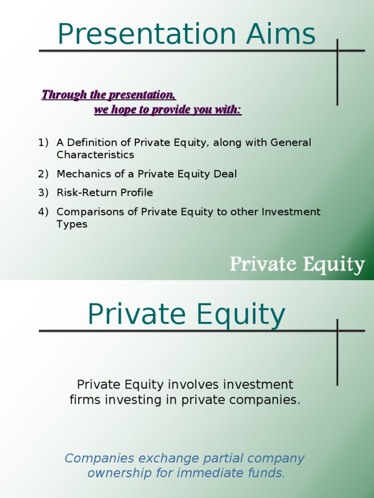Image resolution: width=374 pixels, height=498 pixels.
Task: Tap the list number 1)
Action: (43, 142)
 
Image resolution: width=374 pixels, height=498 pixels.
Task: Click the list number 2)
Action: (43, 174)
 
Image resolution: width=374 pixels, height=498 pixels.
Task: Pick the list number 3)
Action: (43, 193)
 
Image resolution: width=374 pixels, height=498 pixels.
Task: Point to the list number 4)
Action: (43, 212)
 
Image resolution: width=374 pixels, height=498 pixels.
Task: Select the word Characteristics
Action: (95, 155)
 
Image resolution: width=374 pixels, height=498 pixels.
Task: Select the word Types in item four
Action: (72, 224)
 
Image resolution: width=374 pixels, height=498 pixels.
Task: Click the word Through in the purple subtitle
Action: (60, 94)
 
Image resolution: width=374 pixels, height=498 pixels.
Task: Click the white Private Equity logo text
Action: (297, 266)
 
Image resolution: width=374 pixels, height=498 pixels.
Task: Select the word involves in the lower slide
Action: (193, 385)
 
